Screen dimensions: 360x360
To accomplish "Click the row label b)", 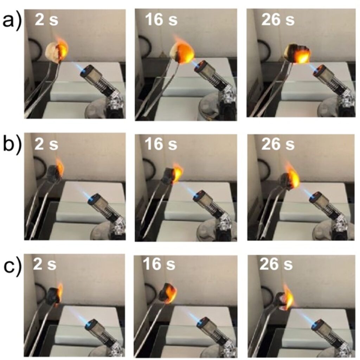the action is point(12,145).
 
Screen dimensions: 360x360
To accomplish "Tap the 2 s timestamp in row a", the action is point(46,20).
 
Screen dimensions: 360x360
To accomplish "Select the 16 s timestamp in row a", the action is point(161,20).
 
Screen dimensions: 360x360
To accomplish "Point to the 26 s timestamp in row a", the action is point(278,20).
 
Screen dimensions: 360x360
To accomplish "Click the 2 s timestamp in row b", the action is point(46,144).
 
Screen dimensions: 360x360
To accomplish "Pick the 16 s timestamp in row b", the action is point(161,144).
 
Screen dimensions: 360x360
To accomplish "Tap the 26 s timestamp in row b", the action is point(278,144).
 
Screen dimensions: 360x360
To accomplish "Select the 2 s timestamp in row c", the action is point(45,264).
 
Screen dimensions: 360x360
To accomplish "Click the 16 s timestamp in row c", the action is point(159,264).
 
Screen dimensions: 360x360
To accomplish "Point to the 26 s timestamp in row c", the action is point(276,264).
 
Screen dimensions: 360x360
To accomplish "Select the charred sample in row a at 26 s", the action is point(297,54).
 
